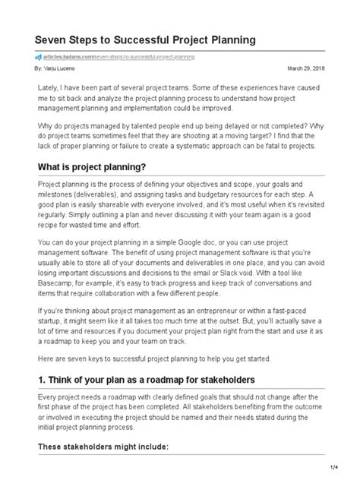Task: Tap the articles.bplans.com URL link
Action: tap(119, 56)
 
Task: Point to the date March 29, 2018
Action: tap(306, 68)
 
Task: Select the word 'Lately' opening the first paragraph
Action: tap(49, 89)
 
